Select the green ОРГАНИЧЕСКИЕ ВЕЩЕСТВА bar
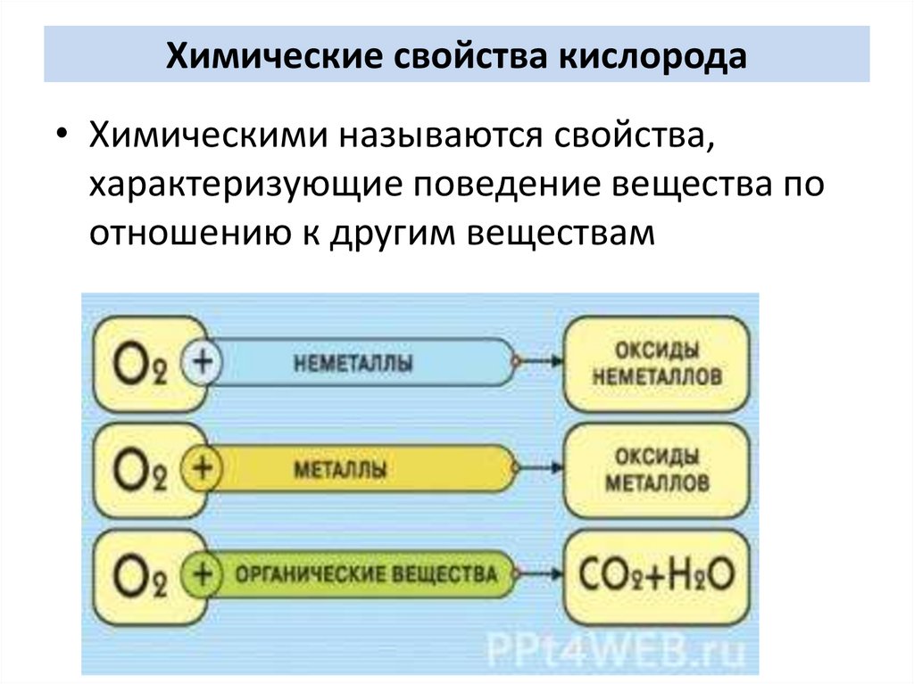[366, 573]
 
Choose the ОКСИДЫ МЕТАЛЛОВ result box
[656, 469]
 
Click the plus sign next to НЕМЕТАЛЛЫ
[202, 363]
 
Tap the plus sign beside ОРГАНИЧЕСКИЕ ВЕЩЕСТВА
[202, 573]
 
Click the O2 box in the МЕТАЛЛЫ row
[141, 469]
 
